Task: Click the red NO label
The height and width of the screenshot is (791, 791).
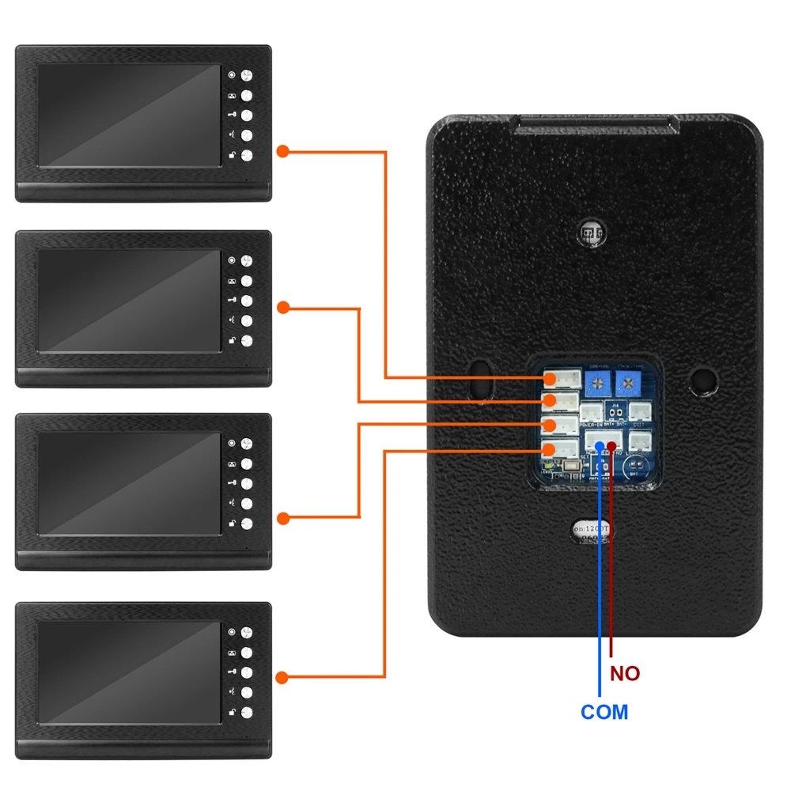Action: pos(625,674)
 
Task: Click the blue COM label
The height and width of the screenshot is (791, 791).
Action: pos(604,712)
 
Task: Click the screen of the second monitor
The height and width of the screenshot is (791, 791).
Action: pos(129,301)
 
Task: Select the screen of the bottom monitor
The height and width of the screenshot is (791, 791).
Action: pos(129,673)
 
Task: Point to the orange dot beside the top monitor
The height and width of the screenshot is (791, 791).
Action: pos(282,151)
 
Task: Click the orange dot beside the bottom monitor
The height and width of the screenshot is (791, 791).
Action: pos(282,677)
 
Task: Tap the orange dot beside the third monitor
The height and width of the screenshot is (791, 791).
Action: pos(282,518)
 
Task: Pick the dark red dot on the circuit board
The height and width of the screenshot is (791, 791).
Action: pos(611,446)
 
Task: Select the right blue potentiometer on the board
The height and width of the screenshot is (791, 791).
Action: pos(630,385)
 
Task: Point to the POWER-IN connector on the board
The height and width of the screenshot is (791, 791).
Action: pos(590,412)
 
